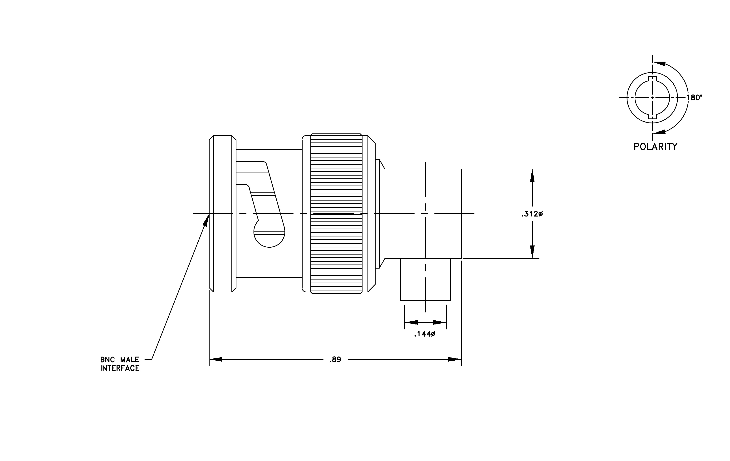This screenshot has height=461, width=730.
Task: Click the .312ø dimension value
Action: [532, 214]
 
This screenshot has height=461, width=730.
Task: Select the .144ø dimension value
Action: [425, 334]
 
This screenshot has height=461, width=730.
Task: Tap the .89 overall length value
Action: [335, 359]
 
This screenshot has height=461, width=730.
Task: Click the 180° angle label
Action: [694, 98]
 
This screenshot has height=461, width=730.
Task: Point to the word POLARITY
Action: [655, 147]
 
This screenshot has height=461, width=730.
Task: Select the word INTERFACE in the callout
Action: [120, 368]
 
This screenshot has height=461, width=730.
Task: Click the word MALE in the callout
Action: [130, 360]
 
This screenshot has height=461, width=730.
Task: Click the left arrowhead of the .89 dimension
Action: [216, 359]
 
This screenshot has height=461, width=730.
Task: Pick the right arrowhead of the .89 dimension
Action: [455, 359]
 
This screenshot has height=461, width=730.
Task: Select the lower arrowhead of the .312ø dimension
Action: [532, 252]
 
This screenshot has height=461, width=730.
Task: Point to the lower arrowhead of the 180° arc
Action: [659, 132]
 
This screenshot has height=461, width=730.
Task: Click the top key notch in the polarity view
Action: [652, 79]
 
